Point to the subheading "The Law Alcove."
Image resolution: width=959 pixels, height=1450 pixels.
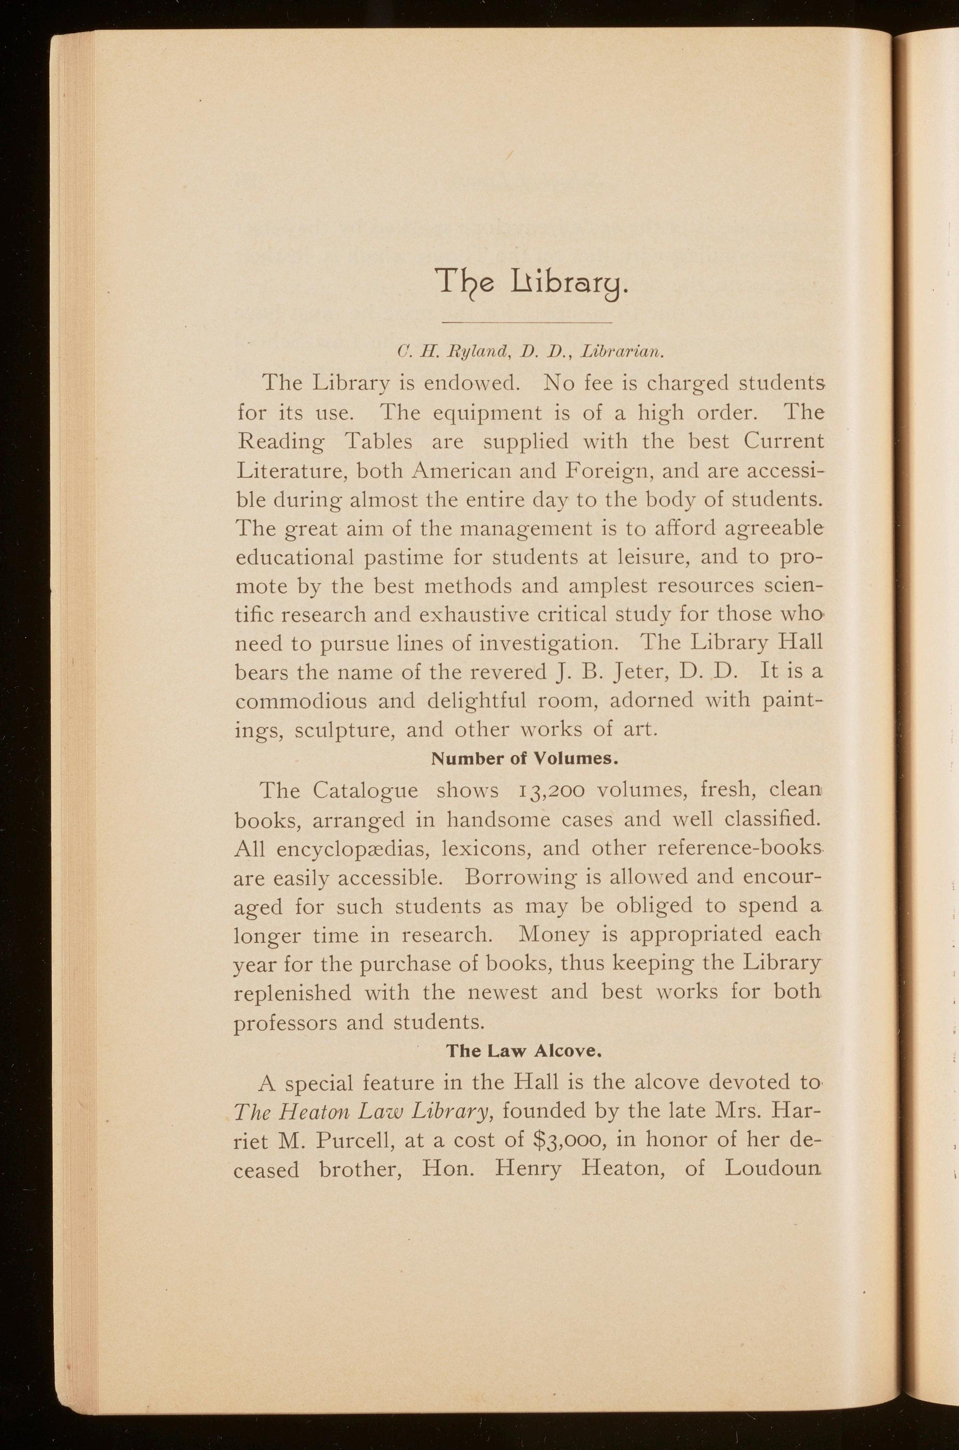526,1051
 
